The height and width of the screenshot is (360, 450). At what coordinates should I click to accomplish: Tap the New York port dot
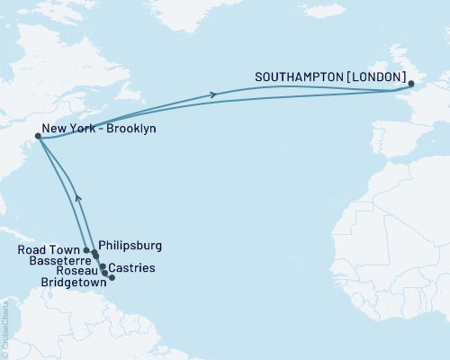tap(38, 137)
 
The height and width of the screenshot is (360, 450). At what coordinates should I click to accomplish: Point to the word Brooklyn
tap(130, 130)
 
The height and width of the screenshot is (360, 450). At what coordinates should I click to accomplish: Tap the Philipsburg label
tap(130, 244)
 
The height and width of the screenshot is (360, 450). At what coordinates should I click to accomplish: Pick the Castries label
tap(132, 268)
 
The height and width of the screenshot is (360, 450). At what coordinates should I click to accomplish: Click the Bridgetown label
tap(73, 281)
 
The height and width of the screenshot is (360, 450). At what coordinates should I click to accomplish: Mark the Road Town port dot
tap(86, 250)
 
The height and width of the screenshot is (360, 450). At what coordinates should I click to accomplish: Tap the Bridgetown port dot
tap(112, 277)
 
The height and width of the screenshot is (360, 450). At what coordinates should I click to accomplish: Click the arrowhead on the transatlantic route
tap(213, 94)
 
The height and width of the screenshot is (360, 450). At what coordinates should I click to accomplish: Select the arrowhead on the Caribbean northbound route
tap(77, 196)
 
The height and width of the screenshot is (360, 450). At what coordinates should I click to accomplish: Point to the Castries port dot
tap(106, 272)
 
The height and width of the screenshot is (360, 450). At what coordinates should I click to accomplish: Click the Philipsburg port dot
tap(94, 254)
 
